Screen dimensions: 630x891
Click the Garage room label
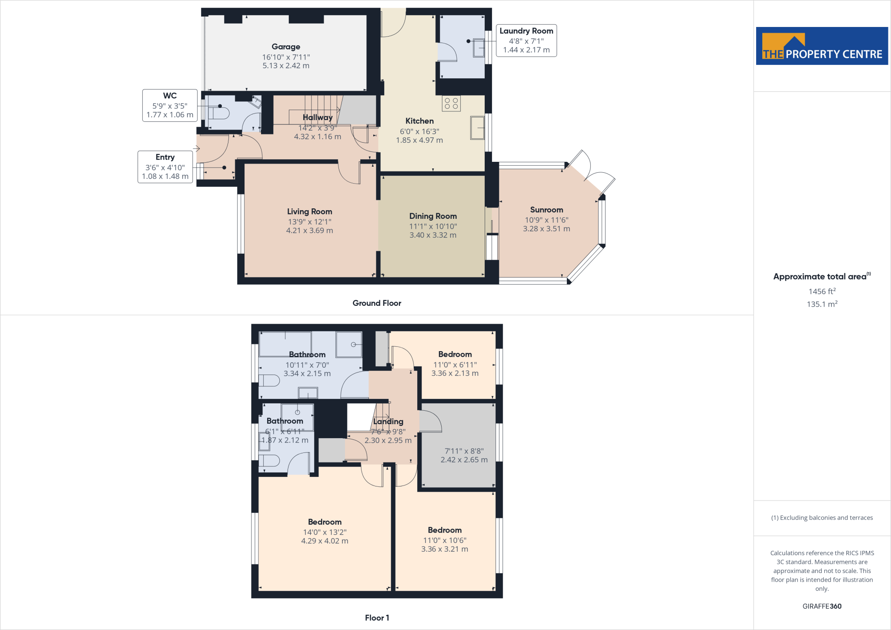[286, 47]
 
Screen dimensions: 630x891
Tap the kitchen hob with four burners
[451, 104]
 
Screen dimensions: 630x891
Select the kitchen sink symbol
[477, 127]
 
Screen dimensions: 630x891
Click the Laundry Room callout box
[526, 40]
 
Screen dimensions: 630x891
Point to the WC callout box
[170, 105]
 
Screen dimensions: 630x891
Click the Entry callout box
[165, 167]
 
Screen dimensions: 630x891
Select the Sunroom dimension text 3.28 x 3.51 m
[546, 229]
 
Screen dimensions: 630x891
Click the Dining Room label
[433, 216]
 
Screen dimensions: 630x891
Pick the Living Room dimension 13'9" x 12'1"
[309, 222]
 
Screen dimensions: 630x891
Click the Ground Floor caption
[377, 303]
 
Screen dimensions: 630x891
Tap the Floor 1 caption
[377, 618]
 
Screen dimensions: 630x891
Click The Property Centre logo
[822, 46]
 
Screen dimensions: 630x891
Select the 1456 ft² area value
[822, 292]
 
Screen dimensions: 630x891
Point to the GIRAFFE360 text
[822, 606]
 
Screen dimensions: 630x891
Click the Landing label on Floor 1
[388, 422]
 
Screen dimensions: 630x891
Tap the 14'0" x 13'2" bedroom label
[325, 532]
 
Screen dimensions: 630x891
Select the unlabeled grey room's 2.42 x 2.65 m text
[464, 460]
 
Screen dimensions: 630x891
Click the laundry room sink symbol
[479, 47]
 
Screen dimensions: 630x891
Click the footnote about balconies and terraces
[822, 518]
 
